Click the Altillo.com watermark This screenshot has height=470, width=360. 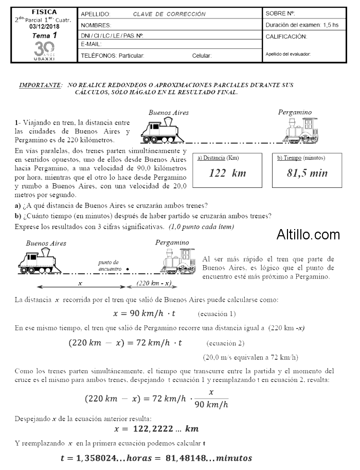tap(308, 235)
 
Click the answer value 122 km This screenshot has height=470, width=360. tap(227, 173)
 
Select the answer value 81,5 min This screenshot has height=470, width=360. tap(307, 173)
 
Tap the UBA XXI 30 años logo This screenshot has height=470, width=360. tap(44, 51)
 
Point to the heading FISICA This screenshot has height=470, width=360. tap(44, 11)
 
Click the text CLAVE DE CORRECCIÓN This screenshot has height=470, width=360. tap(169, 14)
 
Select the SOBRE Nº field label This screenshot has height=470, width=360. tap(280, 13)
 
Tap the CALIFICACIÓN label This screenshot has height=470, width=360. tap(286, 37)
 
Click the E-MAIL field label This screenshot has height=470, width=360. tap(92, 44)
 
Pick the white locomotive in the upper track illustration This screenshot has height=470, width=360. tap(302, 129)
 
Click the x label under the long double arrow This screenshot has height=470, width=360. tap(80, 283)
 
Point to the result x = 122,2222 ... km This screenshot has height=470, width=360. tap(156, 428)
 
